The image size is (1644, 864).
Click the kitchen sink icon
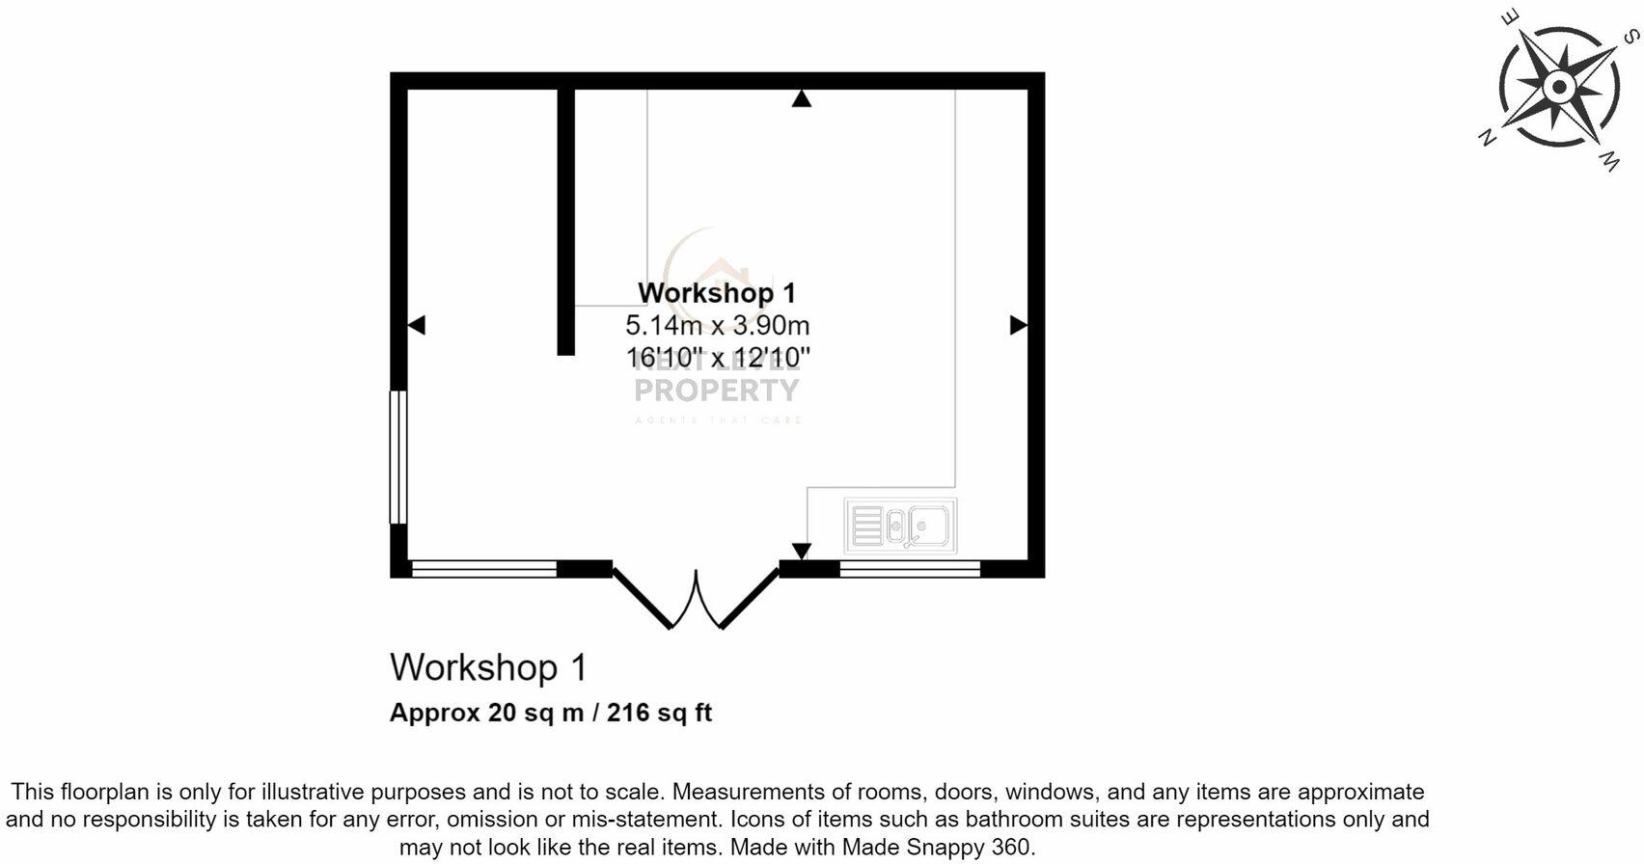(x=900, y=526)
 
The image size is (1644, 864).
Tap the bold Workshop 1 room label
(x=717, y=292)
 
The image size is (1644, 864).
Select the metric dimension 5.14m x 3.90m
(x=717, y=325)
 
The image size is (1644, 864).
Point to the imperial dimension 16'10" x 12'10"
(x=717, y=358)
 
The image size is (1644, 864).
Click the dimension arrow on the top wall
(x=801, y=98)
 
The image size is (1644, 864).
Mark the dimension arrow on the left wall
(x=417, y=326)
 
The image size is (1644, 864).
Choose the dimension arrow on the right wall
(x=1018, y=326)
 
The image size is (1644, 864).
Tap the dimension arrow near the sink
(x=801, y=551)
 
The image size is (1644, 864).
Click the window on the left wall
(x=397, y=456)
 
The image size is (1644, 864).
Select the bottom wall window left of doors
(x=484, y=569)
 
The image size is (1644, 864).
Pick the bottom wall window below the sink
(x=910, y=569)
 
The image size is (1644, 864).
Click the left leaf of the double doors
(x=643, y=599)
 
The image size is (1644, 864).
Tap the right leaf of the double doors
(x=750, y=599)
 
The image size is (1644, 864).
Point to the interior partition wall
(x=566, y=222)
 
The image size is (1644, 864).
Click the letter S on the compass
(x=1629, y=37)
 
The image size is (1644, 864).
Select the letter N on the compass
(x=1488, y=138)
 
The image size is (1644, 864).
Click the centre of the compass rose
(x=1559, y=88)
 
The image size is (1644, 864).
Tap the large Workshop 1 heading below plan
(x=487, y=667)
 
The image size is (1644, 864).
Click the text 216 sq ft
(x=659, y=713)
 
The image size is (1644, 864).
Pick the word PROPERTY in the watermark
(x=717, y=391)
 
